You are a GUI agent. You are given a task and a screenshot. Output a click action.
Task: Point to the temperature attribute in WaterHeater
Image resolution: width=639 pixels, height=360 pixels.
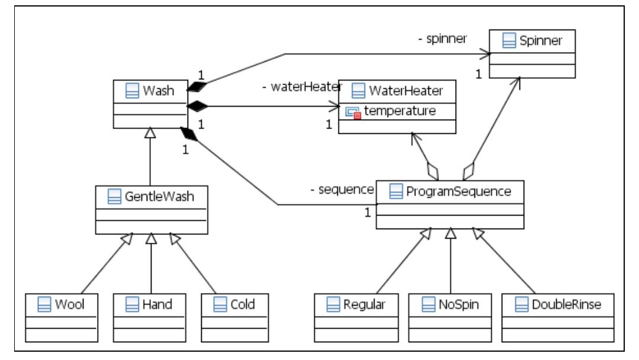click(400, 110)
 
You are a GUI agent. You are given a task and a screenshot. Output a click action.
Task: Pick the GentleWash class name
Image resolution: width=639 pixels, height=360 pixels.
click(160, 198)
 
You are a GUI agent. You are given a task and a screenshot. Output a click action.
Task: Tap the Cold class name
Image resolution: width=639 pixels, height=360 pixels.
click(243, 305)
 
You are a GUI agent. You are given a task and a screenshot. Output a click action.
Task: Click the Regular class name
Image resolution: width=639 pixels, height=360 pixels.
click(364, 305)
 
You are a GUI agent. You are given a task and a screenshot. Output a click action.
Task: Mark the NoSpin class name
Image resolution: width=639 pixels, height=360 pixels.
click(457, 305)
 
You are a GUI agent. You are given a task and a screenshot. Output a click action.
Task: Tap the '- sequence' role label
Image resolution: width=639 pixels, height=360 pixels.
click(341, 189)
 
